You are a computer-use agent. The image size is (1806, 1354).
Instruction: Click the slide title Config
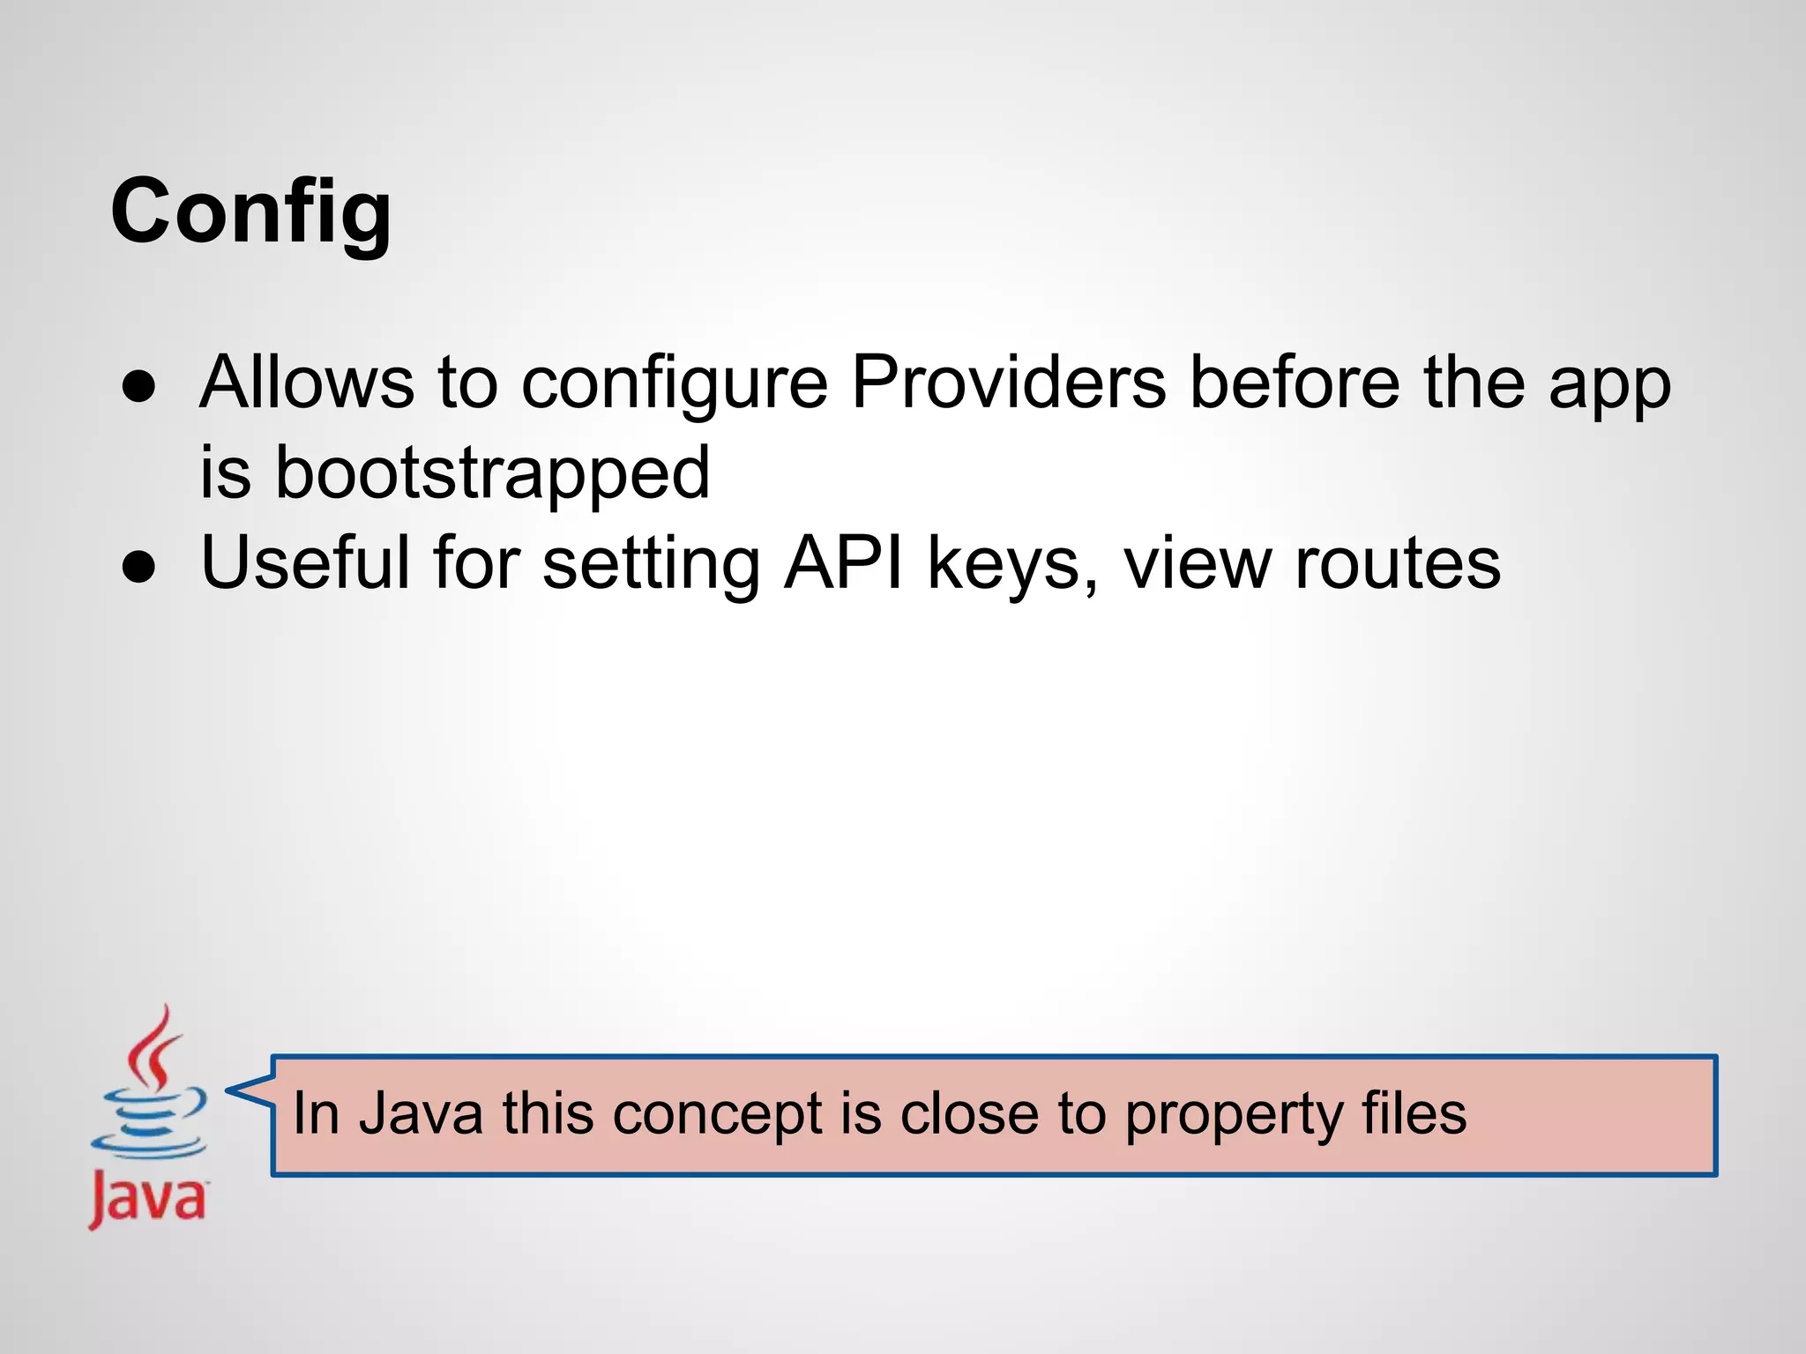point(250,212)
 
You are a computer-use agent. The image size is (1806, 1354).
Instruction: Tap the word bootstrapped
point(492,473)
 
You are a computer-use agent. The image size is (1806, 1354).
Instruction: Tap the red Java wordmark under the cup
point(147,1198)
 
